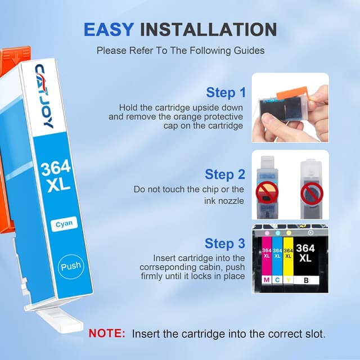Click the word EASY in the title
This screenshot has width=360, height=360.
pyautogui.click(x=109, y=29)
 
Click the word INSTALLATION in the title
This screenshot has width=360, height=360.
pyautogui.click(x=208, y=29)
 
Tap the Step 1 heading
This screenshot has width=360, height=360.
pyautogui.click(x=226, y=92)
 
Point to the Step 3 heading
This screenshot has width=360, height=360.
pyautogui.click(x=225, y=244)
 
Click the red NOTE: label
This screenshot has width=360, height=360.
pyautogui.click(x=107, y=334)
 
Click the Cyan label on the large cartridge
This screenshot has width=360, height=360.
pyautogui.click(x=64, y=224)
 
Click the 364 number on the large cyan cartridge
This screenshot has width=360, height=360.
pyautogui.click(x=55, y=168)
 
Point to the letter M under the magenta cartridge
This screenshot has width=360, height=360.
pyautogui.click(x=266, y=279)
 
